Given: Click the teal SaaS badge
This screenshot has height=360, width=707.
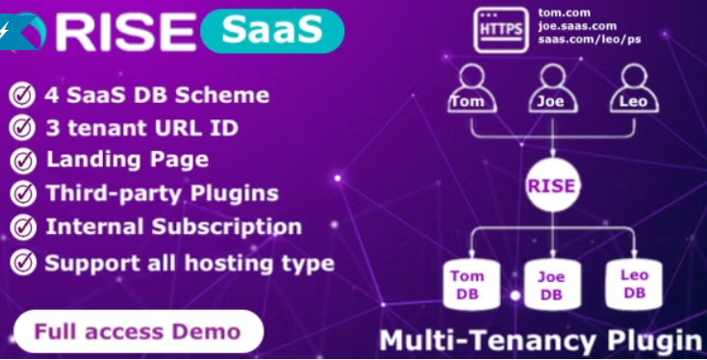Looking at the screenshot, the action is tap(272, 31).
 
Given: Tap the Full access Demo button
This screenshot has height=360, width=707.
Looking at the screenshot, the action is tap(139, 331).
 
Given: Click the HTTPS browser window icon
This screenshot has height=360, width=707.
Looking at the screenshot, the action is tap(501, 30).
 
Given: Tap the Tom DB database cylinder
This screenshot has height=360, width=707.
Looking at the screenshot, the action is tap(471, 285).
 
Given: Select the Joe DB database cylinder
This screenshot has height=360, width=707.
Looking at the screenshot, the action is tap(553, 285).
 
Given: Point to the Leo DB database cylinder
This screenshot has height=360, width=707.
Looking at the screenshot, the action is tap(634, 285).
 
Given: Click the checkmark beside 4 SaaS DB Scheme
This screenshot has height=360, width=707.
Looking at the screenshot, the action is tap(22, 95).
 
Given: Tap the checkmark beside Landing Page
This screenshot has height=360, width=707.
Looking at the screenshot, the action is tap(23, 161).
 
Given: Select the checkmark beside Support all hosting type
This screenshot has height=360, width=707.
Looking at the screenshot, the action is tap(23, 263).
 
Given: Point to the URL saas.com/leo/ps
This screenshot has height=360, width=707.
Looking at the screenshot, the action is tap(590, 39).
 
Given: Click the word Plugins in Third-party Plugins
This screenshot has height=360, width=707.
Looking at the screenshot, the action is tap(234, 194).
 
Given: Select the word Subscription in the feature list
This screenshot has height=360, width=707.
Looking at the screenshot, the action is tap(226, 227).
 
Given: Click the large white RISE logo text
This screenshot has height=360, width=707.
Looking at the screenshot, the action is tap(126, 32).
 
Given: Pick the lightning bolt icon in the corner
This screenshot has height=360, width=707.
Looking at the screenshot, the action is tap(4, 32).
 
